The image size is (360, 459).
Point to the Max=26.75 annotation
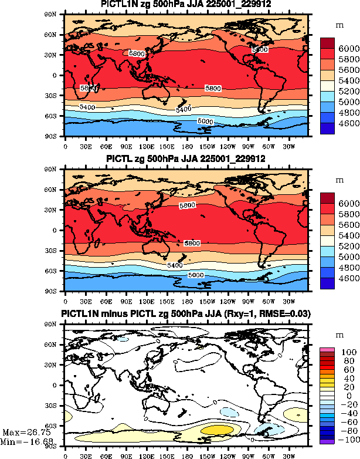click(x=18, y=432)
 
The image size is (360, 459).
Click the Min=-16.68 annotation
click(x=18, y=441)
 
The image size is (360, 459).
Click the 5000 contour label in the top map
click(x=205, y=121)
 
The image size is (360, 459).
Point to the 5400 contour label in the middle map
click(x=175, y=265)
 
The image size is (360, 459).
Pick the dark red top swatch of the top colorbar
click(x=327, y=43)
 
